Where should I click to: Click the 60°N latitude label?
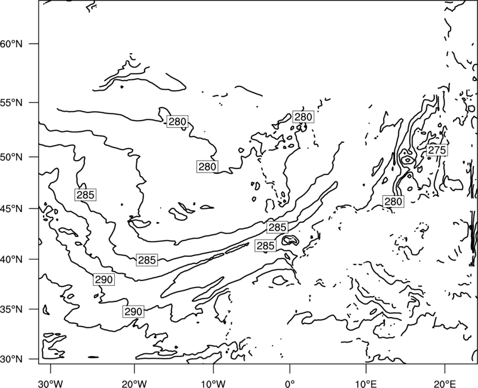pyautogui.click(x=11, y=44)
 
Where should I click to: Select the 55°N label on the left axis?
pyautogui.click(x=11, y=103)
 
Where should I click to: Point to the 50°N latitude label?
pyautogui.click(x=11, y=157)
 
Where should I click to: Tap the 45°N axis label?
pyautogui.click(x=11, y=208)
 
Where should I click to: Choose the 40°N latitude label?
pyautogui.click(x=11, y=259)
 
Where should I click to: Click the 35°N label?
pyautogui.click(x=11, y=309)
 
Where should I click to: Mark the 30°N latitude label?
pyautogui.click(x=11, y=359)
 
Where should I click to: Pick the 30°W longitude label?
pyautogui.click(x=50, y=383)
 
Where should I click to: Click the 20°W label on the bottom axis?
pyautogui.click(x=134, y=383)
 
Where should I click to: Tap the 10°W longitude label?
pyautogui.click(x=213, y=383)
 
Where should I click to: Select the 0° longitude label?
pyautogui.click(x=290, y=383)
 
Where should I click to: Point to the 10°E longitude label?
pyautogui.click(x=366, y=383)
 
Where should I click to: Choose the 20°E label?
pyautogui.click(x=445, y=383)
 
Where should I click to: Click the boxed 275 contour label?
pyautogui.click(x=437, y=150)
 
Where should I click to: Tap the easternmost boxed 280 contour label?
pyautogui.click(x=393, y=202)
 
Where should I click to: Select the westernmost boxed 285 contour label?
pyautogui.click(x=85, y=195)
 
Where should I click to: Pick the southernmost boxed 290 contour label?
pyautogui.click(x=133, y=312)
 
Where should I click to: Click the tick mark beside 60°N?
pyautogui.click(x=34, y=44)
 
